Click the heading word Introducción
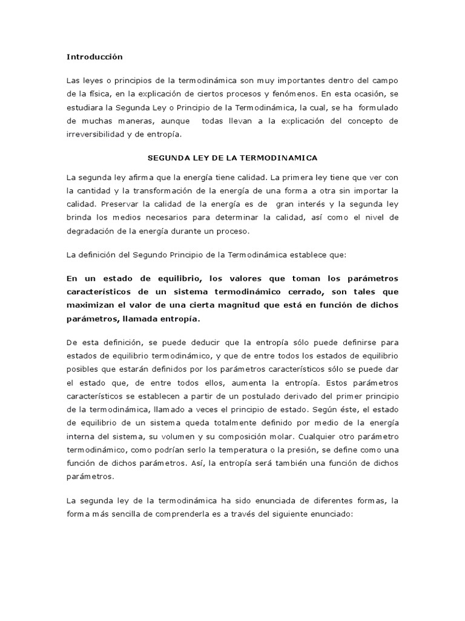94,57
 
